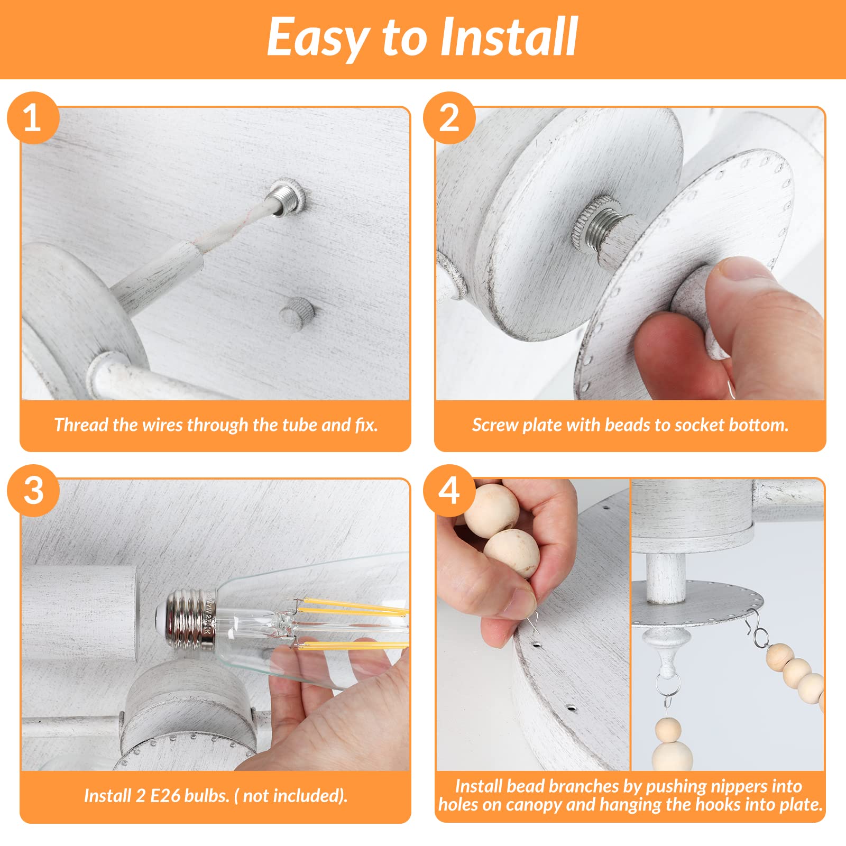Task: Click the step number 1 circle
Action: tap(33, 118)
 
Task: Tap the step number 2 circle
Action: tap(449, 118)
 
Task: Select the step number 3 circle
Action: tap(33, 490)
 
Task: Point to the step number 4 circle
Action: tap(449, 490)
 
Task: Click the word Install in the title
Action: tap(509, 36)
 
